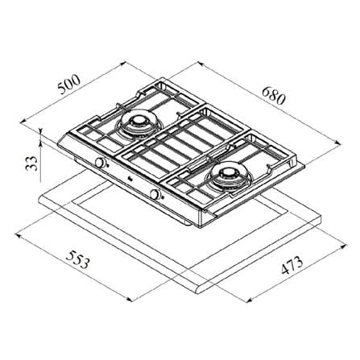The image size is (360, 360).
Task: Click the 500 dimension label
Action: [69, 84]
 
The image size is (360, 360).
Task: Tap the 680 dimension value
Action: [273, 96]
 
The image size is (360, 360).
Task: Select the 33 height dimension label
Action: [31, 163]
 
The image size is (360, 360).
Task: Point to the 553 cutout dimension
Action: [77, 259]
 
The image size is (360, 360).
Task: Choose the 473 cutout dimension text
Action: [292, 266]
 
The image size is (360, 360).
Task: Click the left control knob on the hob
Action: [100, 163]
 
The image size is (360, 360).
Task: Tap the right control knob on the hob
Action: [155, 195]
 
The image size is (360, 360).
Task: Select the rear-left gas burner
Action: [139, 123]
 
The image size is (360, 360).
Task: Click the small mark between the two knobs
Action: [130, 179]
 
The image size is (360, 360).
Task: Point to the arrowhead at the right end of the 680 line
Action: [339, 142]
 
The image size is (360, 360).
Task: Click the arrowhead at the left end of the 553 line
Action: [19, 235]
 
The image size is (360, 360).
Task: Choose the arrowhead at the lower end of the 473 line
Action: [249, 300]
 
